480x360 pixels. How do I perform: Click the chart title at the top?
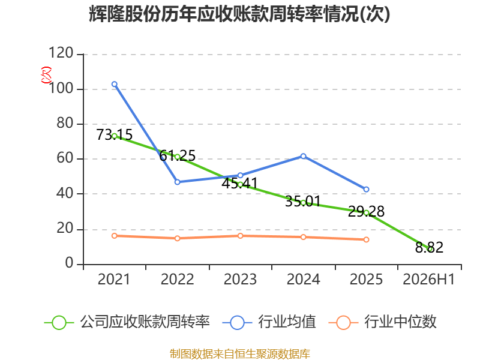tap(239, 14)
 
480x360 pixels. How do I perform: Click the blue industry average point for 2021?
tap(115, 84)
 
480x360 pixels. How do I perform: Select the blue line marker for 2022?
tap(177, 182)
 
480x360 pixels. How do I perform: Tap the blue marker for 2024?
tap(304, 156)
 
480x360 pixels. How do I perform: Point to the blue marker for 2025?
tap(366, 190)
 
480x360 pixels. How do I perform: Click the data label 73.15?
tap(114, 134)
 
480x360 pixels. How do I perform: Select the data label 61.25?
tap(177, 155)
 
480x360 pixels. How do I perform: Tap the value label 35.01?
tap(303, 202)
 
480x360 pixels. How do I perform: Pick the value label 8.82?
tap(429, 247)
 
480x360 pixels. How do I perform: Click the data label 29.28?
tap(366, 212)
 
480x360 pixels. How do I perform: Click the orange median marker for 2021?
tap(115, 236)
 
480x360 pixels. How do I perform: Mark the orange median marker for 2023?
tap(241, 236)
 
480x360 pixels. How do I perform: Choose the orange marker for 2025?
tap(366, 239)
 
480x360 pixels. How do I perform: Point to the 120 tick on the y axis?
tap(61, 53)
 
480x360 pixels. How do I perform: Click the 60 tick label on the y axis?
tap(65, 158)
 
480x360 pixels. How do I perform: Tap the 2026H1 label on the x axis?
tap(429, 280)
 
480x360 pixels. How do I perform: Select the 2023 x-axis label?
tap(241, 280)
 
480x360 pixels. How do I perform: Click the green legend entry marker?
tap(59, 323)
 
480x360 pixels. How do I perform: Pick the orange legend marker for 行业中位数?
tap(343, 323)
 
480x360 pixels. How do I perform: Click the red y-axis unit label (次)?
tap(47, 75)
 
